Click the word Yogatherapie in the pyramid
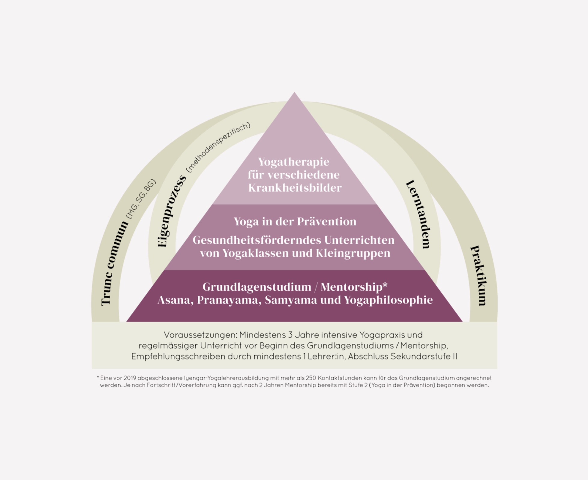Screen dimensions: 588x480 [294, 162]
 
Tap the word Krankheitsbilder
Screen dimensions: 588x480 [295, 188]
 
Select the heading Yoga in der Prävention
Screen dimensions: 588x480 [295, 222]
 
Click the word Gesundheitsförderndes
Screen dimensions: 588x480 [256, 240]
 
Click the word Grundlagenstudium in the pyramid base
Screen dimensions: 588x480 [257, 287]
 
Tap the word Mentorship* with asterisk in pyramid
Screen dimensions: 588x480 [354, 287]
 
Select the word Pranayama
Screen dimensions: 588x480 [229, 300]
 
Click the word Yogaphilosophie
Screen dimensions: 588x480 [388, 300]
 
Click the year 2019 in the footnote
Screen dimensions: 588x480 [130, 378]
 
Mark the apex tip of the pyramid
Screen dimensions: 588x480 [294, 92]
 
